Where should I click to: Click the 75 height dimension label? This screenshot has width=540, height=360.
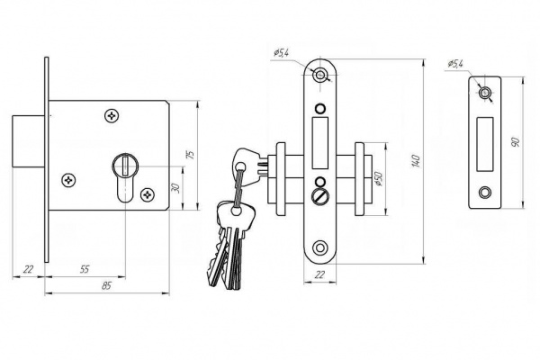click(x=191, y=154)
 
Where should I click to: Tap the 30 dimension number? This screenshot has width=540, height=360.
click(x=176, y=188)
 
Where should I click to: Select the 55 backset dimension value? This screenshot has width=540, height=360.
click(x=85, y=269)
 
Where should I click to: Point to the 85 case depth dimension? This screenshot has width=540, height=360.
click(x=107, y=285)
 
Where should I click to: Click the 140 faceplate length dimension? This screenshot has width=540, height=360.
click(x=416, y=161)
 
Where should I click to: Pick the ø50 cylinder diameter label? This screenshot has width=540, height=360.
click(x=379, y=178)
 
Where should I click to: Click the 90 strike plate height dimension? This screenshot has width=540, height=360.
click(x=515, y=141)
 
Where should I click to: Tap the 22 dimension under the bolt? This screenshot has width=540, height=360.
click(x=28, y=269)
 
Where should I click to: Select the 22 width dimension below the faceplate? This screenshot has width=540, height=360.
click(x=319, y=274)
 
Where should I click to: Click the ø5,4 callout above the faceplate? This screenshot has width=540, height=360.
click(x=282, y=53)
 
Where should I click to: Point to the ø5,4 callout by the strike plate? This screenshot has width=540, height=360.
click(x=455, y=63)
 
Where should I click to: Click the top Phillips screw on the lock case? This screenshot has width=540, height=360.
click(x=112, y=115)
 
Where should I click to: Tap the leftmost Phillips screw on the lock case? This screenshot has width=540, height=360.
click(x=68, y=180)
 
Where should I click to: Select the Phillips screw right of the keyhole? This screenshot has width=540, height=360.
click(x=148, y=195)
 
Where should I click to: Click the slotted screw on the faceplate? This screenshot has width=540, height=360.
click(x=319, y=197)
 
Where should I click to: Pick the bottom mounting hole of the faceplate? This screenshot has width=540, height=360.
click(x=320, y=247)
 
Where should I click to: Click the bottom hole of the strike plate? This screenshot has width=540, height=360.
click(x=484, y=193)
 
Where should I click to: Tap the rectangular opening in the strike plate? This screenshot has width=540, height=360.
click(x=484, y=144)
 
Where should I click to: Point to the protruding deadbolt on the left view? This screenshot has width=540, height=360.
click(x=29, y=141)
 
